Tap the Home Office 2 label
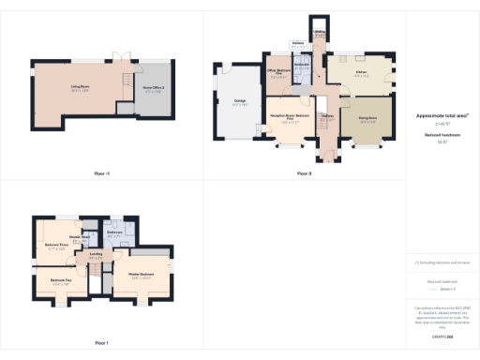click(154, 89)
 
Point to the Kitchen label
click(361, 74)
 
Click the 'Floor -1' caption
click(101, 173)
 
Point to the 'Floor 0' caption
click(304, 173)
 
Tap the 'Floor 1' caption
click(101, 342)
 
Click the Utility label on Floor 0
click(320, 39)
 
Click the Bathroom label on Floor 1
click(114, 236)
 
